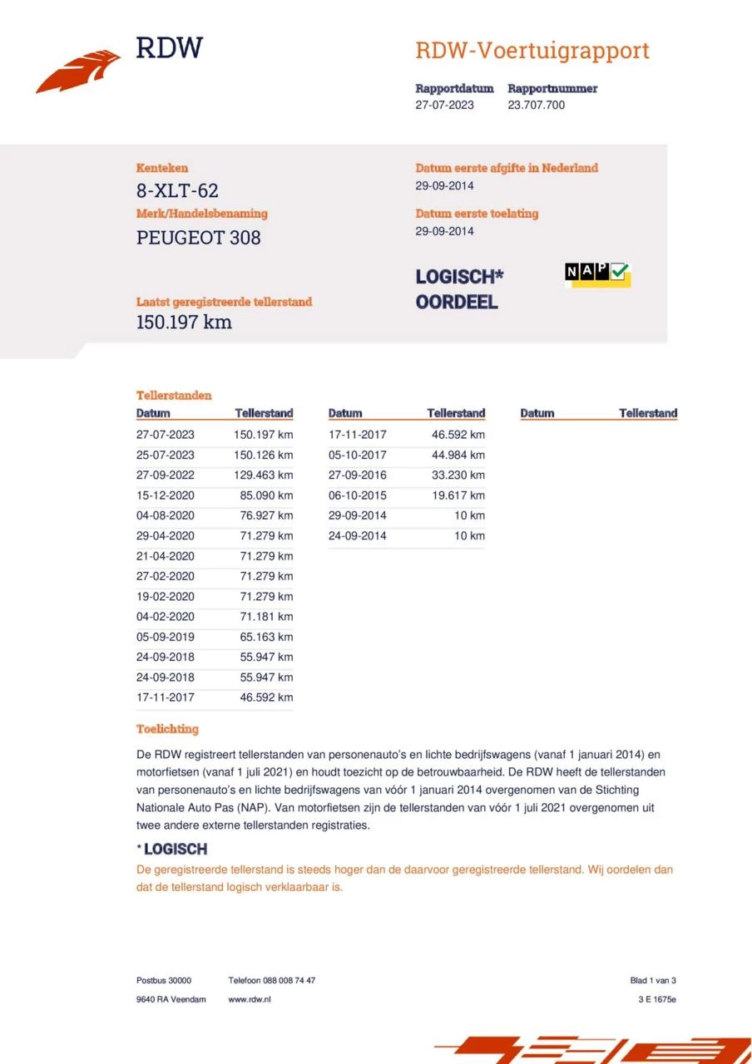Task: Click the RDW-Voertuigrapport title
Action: click(532, 51)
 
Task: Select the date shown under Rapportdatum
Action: click(444, 106)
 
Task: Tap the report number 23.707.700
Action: click(536, 106)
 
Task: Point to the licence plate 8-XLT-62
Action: click(177, 191)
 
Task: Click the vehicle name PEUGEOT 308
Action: click(198, 238)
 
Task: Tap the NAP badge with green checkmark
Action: click(597, 273)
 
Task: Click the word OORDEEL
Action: click(457, 303)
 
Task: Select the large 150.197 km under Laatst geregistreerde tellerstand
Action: click(184, 323)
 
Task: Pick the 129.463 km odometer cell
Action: click(264, 475)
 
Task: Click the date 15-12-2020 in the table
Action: click(166, 495)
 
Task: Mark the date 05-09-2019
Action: click(166, 637)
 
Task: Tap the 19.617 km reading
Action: click(458, 495)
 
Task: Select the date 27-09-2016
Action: click(358, 475)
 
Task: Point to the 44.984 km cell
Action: click(458, 455)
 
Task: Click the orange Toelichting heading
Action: click(167, 729)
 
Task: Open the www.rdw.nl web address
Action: click(250, 999)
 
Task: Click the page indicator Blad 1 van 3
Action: click(653, 980)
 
